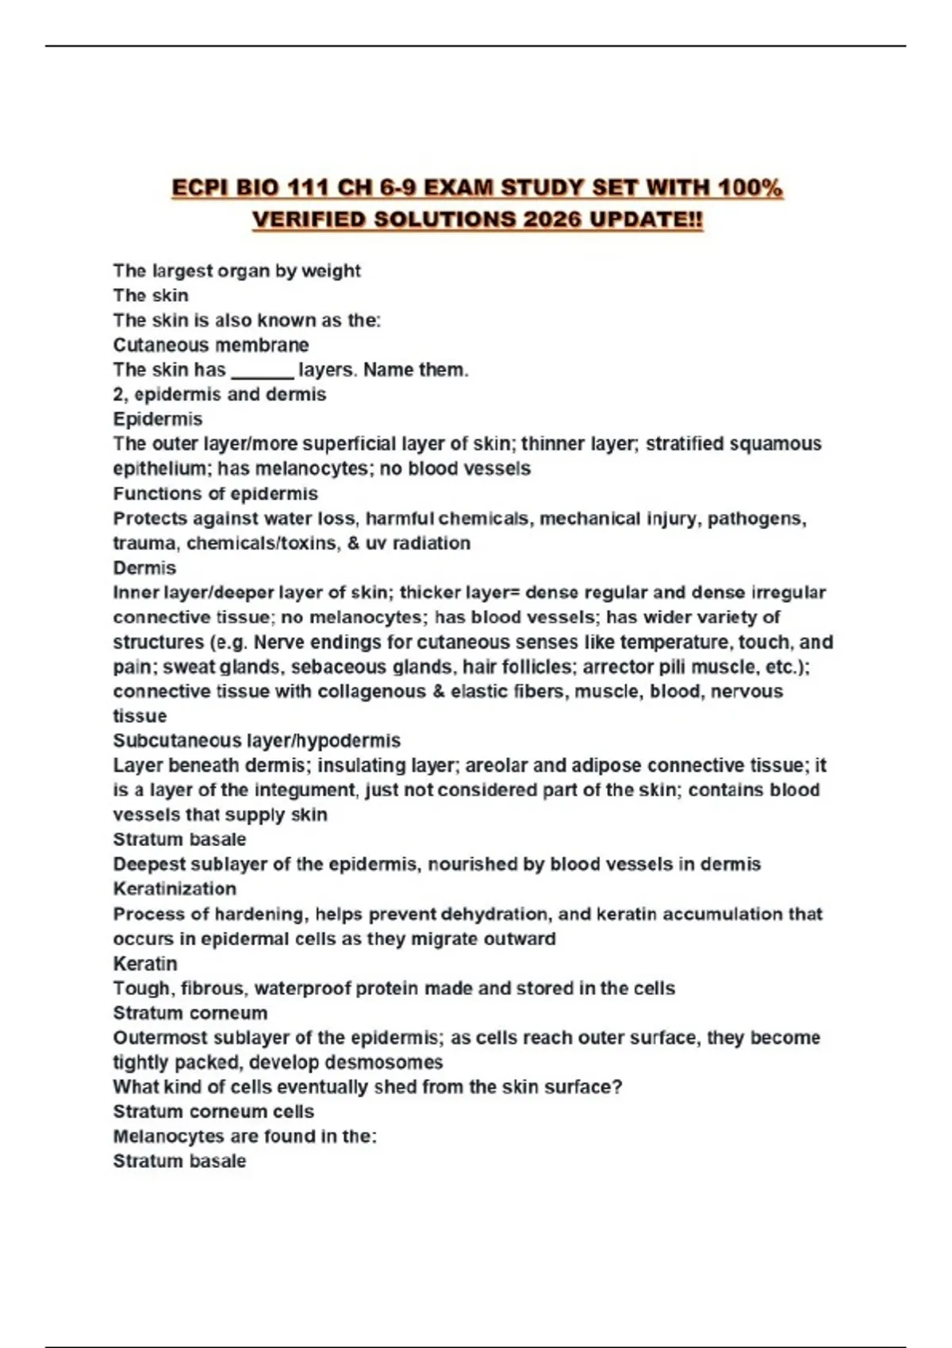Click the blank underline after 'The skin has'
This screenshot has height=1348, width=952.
262,371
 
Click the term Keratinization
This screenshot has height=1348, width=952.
175,889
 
